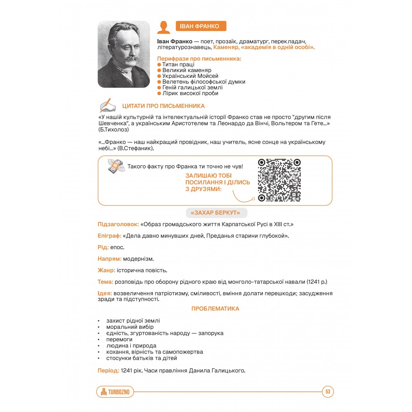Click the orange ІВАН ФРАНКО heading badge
click(201, 27)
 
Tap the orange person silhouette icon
click(164, 27)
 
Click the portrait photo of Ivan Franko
click(124, 54)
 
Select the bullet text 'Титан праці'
click(178, 65)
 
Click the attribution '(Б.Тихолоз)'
click(113, 130)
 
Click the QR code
click(279, 180)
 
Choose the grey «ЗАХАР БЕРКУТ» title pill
click(216, 213)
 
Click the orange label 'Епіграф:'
click(109, 236)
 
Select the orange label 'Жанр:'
click(106, 271)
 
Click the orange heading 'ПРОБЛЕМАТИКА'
click(215, 309)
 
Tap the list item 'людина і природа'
click(131, 346)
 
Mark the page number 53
click(328, 392)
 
